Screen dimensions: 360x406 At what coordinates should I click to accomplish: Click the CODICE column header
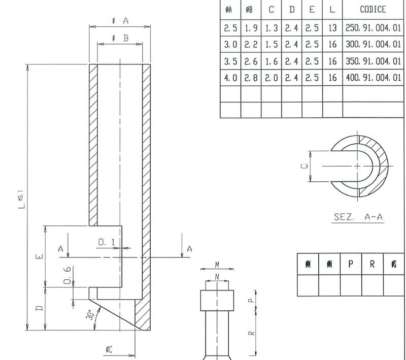[373, 9]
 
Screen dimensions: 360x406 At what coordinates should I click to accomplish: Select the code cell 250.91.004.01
[373, 27]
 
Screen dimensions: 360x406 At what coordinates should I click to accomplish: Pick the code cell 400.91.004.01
[373, 78]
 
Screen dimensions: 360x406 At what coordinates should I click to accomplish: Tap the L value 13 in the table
[332, 27]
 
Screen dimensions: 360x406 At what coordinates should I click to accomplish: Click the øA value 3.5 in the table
[230, 61]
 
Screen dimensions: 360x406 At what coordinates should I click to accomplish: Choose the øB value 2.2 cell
[251, 44]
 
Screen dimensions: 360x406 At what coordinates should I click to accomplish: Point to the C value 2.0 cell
[272, 78]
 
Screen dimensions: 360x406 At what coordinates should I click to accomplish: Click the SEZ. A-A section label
[358, 217]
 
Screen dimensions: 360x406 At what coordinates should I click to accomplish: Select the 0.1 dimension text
[106, 243]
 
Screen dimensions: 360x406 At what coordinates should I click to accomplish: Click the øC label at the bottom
[109, 350]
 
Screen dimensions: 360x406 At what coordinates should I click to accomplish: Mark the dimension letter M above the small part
[217, 265]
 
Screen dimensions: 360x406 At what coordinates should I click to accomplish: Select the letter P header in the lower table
[351, 264]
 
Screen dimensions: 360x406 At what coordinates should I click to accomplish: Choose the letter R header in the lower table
[372, 264]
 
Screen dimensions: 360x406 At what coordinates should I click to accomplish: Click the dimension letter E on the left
[41, 256]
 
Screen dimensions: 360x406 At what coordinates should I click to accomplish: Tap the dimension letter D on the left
[41, 308]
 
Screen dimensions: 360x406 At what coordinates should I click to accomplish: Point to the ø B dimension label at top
[120, 38]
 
